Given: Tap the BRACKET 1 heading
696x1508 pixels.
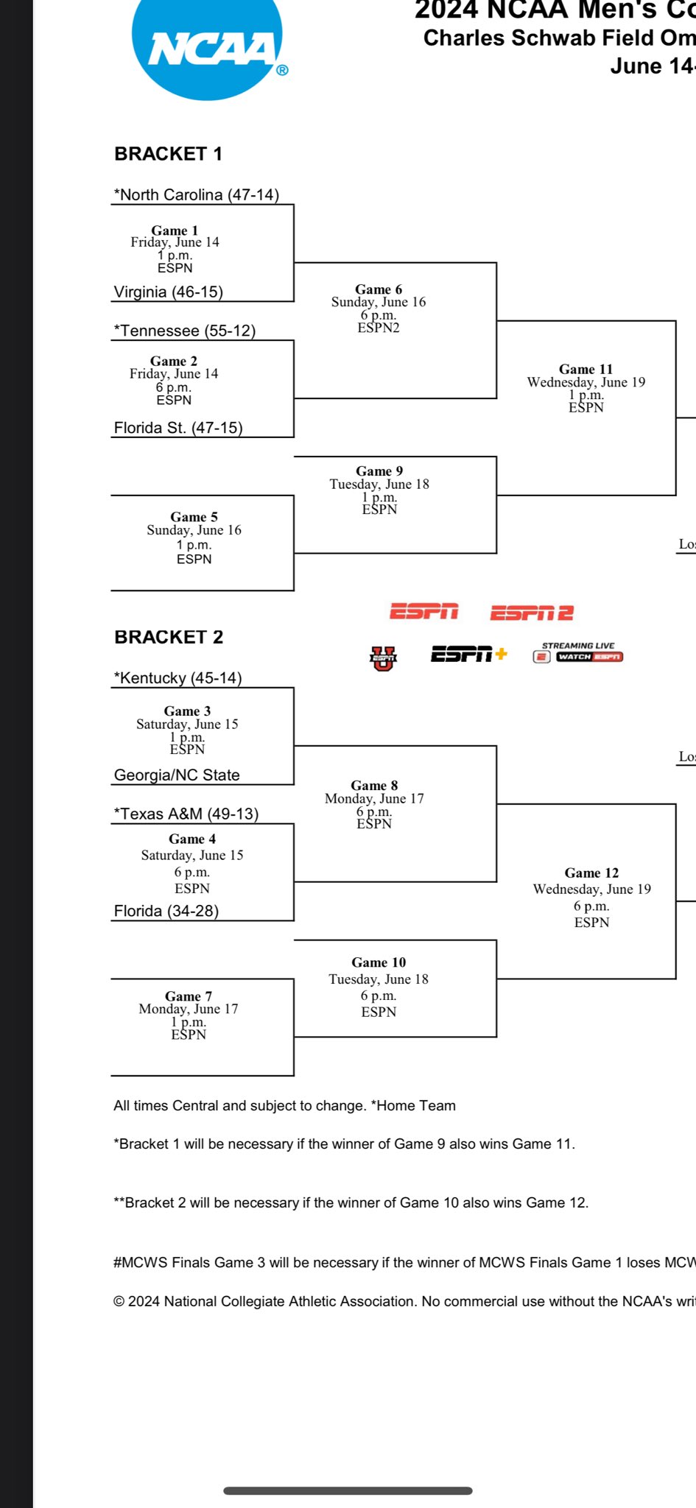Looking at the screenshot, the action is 168,154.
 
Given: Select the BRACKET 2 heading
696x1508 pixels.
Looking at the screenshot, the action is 169,637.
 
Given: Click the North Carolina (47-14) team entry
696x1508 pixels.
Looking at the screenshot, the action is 196,194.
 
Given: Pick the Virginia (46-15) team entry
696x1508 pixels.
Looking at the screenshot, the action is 168,292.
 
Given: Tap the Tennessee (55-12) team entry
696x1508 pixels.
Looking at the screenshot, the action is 184,331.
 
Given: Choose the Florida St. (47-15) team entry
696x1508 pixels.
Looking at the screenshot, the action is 178,428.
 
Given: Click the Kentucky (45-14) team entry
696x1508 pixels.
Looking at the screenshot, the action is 177,677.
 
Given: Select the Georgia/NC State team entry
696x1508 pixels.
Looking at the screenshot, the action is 177,775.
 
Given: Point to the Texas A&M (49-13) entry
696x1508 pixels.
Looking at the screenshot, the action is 186,814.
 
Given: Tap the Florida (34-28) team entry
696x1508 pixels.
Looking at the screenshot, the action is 166,911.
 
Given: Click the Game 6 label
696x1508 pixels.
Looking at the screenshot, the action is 379,289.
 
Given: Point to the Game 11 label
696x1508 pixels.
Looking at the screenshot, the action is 586,369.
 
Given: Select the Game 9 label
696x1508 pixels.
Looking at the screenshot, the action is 379,471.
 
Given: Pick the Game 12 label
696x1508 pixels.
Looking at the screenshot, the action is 591,873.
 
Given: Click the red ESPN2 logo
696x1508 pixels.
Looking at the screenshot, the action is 532,613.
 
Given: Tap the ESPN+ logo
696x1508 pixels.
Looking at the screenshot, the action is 469,654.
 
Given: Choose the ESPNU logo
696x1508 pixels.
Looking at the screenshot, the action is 383,658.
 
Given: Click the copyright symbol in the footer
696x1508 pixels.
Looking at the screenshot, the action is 119,1302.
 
